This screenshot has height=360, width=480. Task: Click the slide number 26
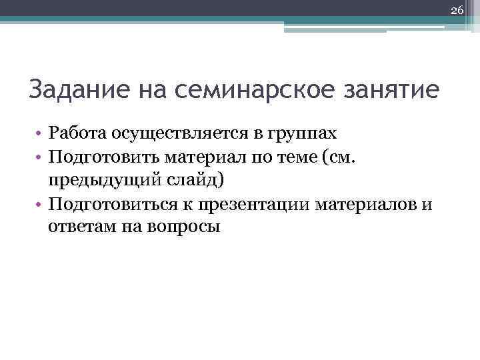pos(457,10)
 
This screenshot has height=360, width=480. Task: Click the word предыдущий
pos(93,181)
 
